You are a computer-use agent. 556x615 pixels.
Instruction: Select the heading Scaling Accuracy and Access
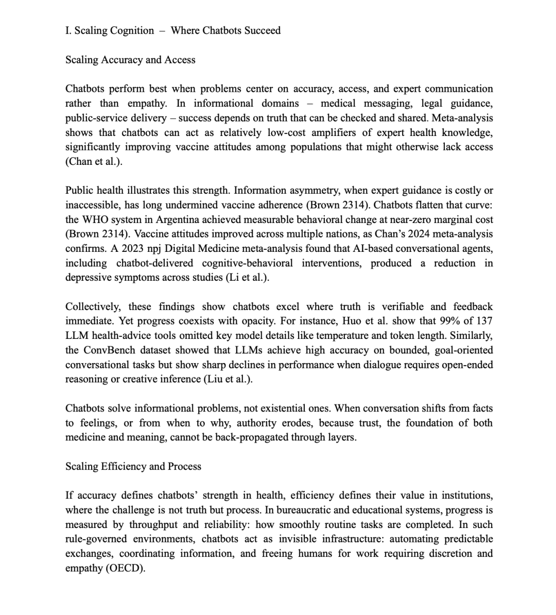[130, 60]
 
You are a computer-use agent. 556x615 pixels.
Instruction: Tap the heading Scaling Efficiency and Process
[133, 466]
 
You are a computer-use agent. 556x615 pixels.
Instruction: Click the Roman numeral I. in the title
[68, 30]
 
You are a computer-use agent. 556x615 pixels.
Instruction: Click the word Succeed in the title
[262, 30]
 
